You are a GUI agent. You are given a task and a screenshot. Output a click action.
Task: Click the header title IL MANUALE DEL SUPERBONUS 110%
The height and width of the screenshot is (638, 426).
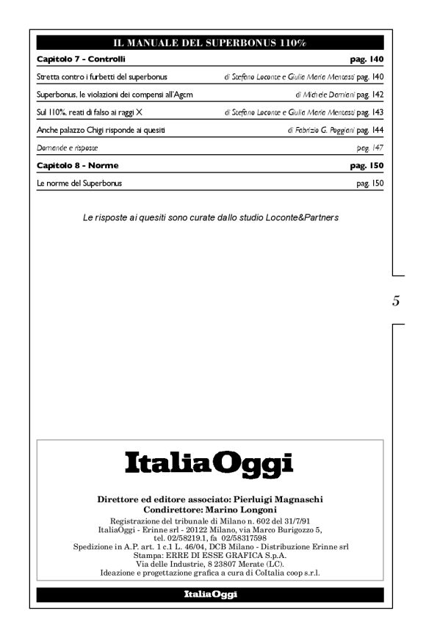pos(209,43)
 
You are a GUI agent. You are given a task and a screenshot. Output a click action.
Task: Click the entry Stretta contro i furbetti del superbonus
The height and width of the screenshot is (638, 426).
pos(102,76)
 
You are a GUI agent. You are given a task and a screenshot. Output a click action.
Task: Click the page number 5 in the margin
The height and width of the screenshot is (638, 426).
pos(396,300)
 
